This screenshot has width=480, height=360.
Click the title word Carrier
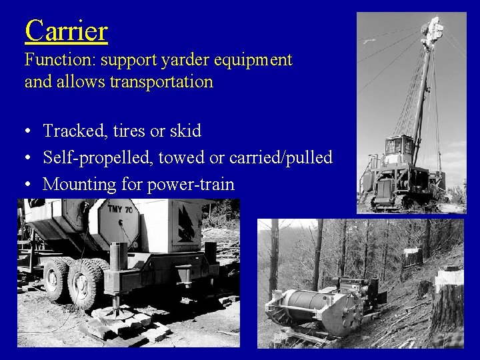pyautogui.click(x=66, y=31)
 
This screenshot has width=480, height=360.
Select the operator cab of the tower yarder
pyautogui.click(x=400, y=148)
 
